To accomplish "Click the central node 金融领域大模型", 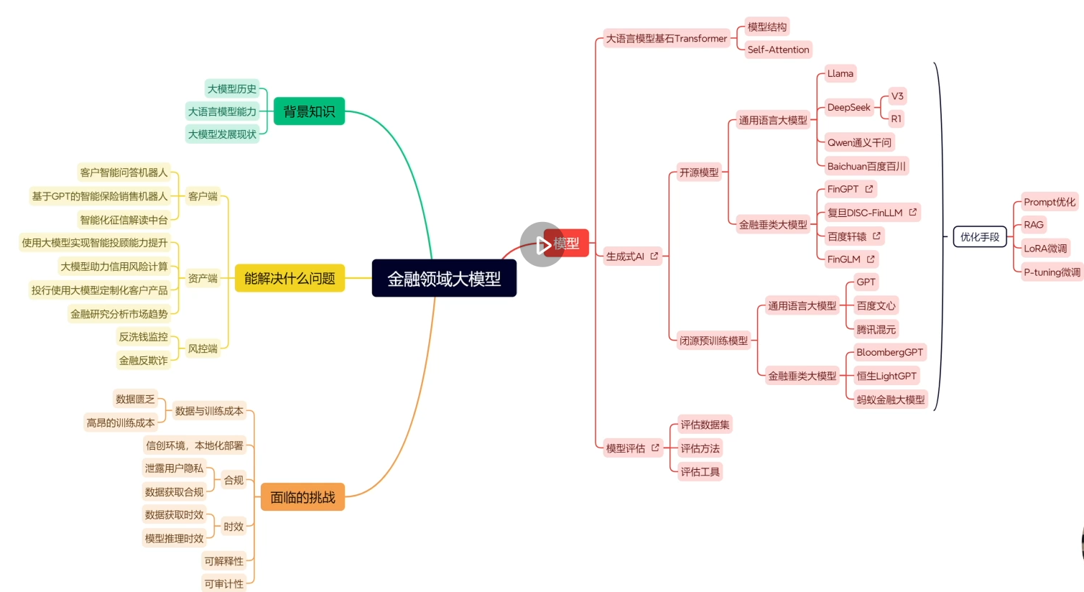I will click(x=444, y=278).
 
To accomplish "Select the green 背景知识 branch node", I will click(x=309, y=111).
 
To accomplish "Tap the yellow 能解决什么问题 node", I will click(x=289, y=278).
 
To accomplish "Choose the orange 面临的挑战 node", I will click(x=302, y=497).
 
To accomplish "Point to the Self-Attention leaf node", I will click(x=778, y=50).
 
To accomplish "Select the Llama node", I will click(x=840, y=73).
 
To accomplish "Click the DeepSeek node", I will click(x=848, y=107).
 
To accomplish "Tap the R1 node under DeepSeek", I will click(x=896, y=119).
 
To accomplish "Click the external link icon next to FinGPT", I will click(x=869, y=189).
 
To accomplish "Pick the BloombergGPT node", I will click(x=889, y=352).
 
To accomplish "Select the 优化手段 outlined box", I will click(x=980, y=236).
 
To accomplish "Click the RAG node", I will click(x=1034, y=225).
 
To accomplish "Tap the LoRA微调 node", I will click(x=1045, y=249).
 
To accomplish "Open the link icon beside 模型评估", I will click(x=655, y=448).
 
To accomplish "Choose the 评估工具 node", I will click(x=700, y=472).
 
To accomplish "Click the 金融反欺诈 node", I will click(x=143, y=361).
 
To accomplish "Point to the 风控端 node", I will click(x=203, y=348).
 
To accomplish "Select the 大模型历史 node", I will click(x=231, y=88).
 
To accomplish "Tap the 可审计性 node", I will click(x=224, y=584).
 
